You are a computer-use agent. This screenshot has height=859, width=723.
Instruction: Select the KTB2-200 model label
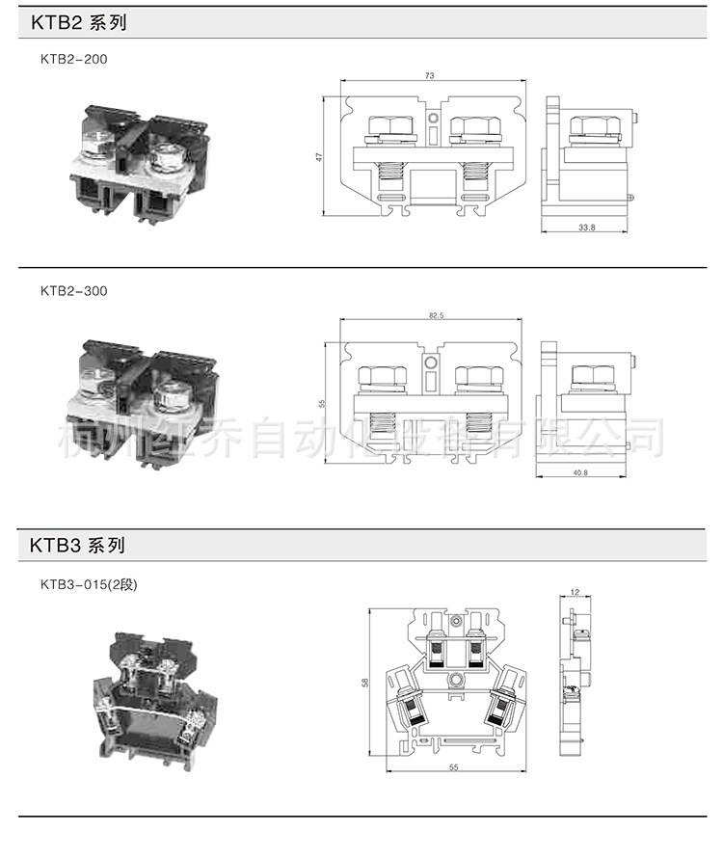point(74,59)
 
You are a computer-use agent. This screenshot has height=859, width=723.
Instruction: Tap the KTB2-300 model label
point(74,290)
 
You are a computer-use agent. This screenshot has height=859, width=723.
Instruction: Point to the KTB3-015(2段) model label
point(89,583)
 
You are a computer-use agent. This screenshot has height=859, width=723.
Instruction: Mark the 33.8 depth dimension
point(586,228)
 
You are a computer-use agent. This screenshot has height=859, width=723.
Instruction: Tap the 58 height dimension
point(364,683)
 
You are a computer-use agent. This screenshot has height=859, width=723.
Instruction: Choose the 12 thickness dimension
point(575,593)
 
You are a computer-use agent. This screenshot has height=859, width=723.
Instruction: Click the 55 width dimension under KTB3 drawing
point(451,767)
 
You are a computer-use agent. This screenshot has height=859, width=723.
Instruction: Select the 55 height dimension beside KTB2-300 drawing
point(323,403)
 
